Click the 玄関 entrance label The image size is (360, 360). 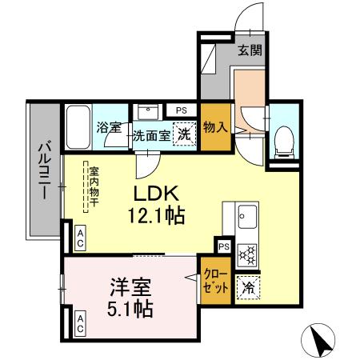pos(251,51)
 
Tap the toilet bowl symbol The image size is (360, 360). pos(284,142)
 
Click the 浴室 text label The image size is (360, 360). pos(110,126)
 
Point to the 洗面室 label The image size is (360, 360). pos(151,136)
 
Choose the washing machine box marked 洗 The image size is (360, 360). pos(185,135)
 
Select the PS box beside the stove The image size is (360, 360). pos(223,246)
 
